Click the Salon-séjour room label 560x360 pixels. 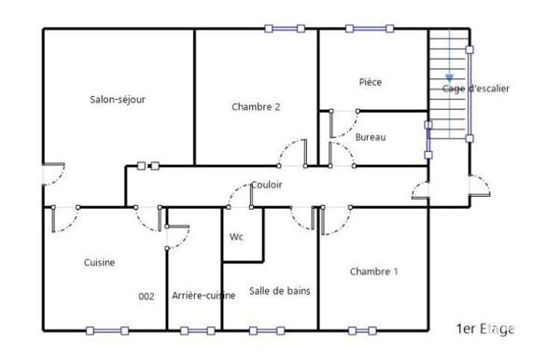(x=118, y=100)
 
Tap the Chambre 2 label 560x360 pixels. (x=256, y=107)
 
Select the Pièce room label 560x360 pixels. (x=371, y=82)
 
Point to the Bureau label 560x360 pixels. (x=371, y=138)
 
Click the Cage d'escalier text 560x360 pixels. (x=476, y=89)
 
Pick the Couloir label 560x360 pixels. (x=267, y=185)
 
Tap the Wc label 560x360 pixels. (x=237, y=237)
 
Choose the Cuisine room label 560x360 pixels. (x=99, y=263)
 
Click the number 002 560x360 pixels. (x=146, y=297)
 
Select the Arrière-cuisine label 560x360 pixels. (x=203, y=297)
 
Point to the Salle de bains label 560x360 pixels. (x=280, y=291)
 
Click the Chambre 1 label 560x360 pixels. (x=374, y=272)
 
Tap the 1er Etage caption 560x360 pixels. (x=485, y=329)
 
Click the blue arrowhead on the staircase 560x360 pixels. (x=449, y=78)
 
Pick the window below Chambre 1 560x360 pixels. (x=367, y=330)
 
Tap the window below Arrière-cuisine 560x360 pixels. (x=197, y=330)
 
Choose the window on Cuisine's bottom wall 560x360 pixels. (x=106, y=330)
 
